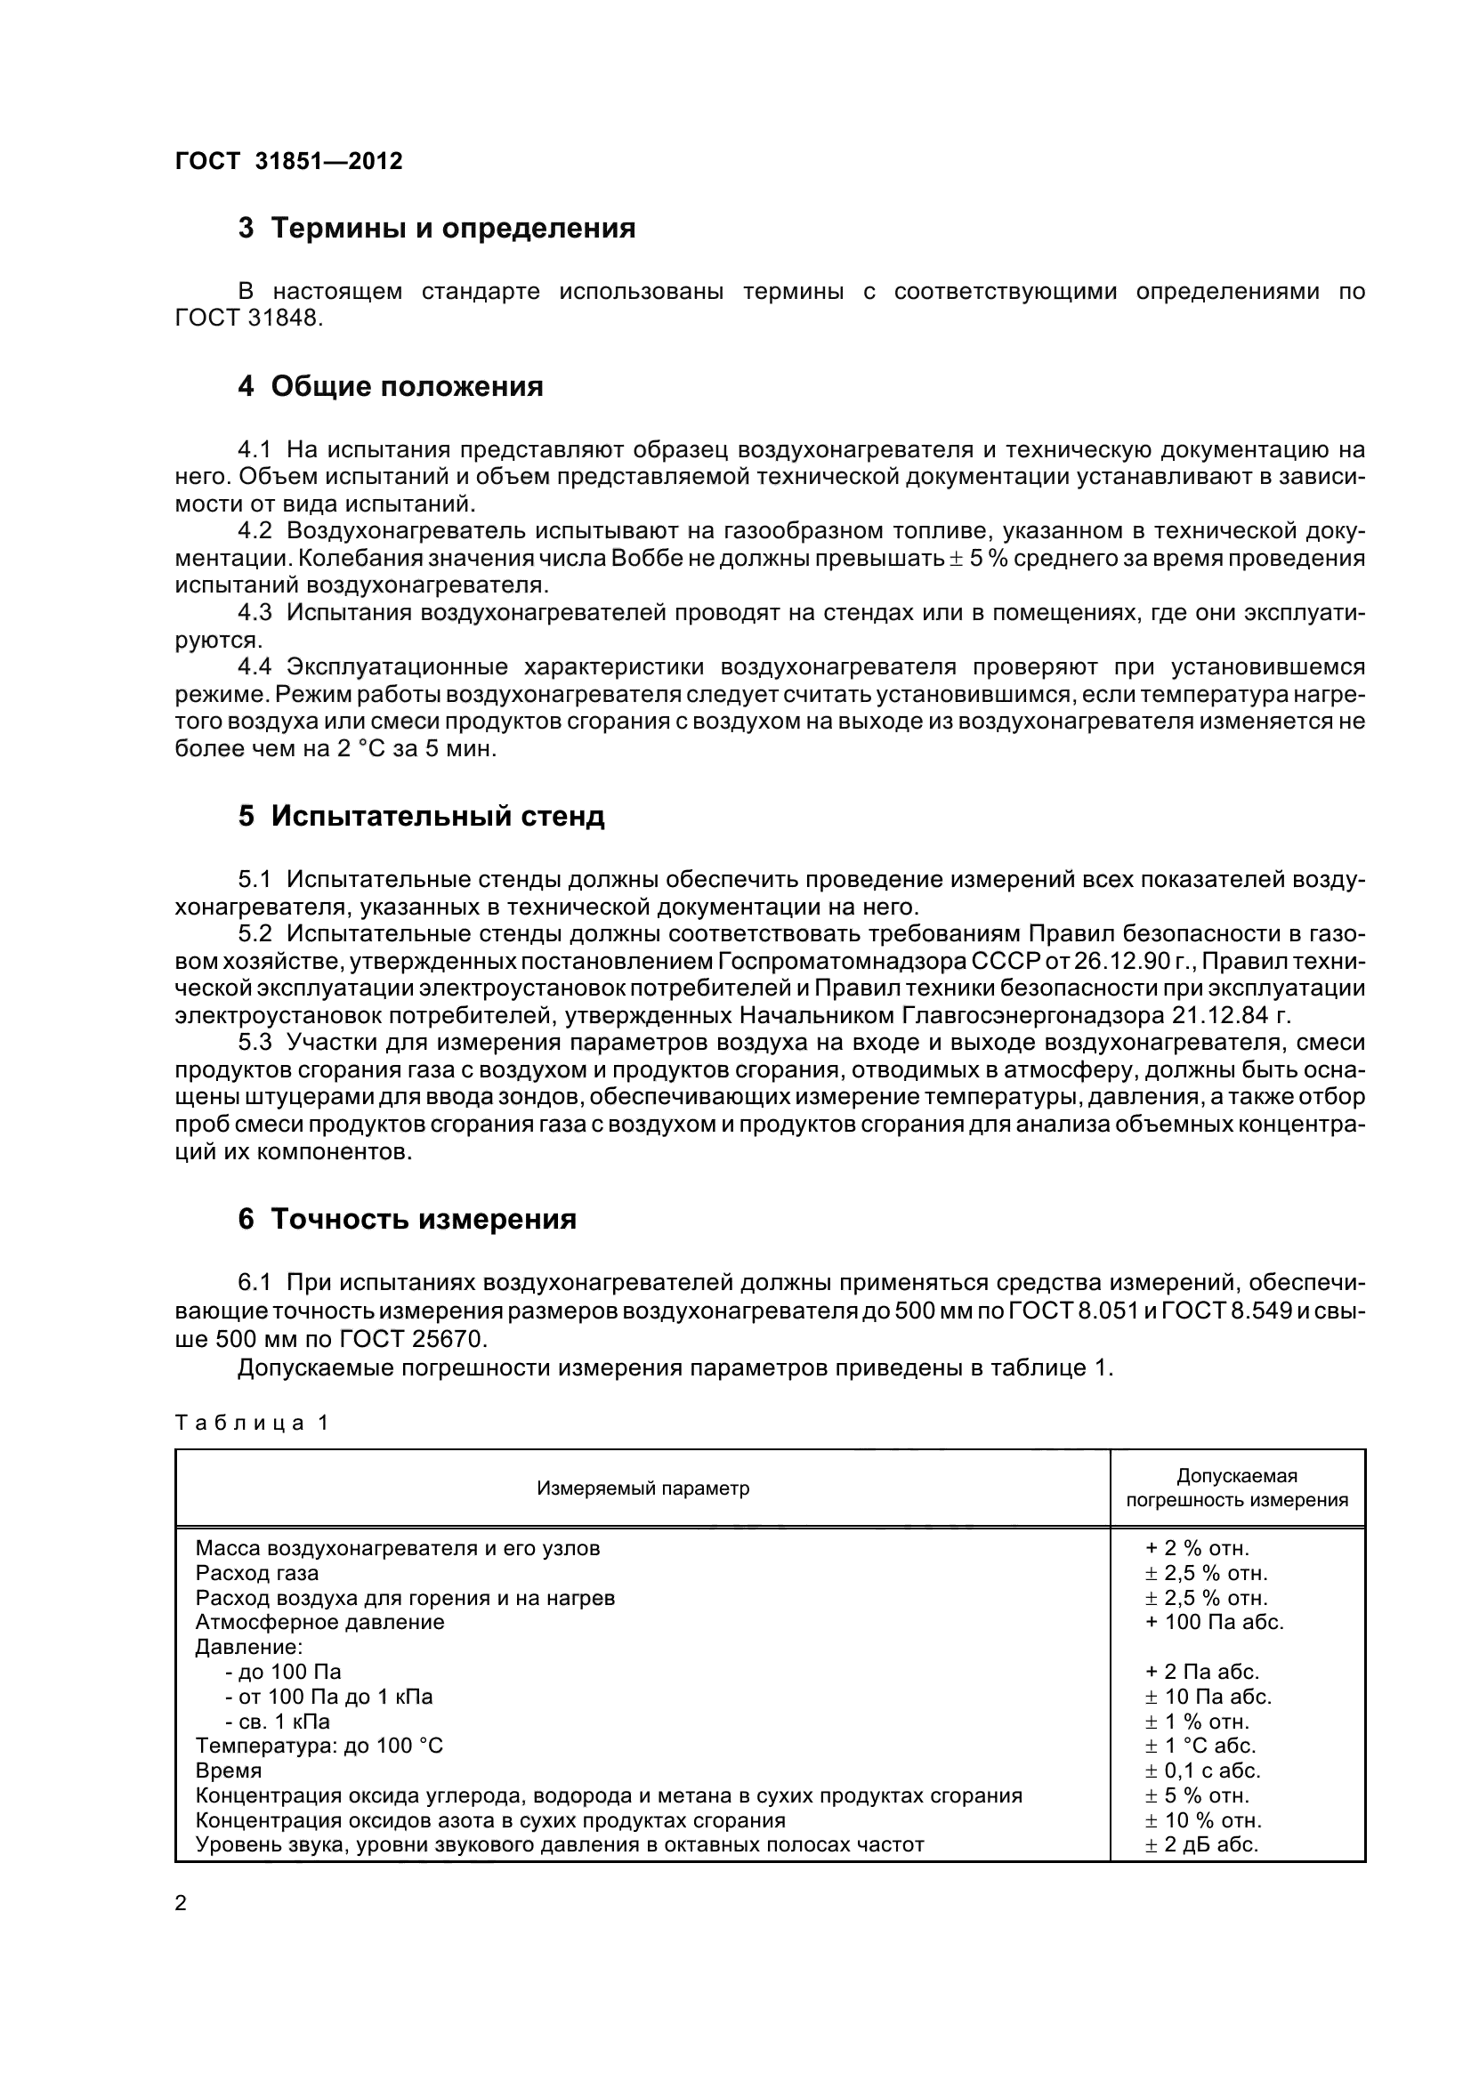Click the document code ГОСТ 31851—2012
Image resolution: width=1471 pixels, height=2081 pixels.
(288, 161)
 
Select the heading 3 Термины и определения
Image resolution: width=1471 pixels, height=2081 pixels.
(436, 228)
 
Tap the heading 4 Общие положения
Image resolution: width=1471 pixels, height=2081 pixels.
(390, 386)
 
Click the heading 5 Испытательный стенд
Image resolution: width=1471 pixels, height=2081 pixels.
(421, 816)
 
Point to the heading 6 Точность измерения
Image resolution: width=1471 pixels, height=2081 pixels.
(407, 1219)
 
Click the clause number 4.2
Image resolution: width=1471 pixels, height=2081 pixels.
(254, 530)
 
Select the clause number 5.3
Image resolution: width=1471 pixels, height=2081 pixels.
(254, 1043)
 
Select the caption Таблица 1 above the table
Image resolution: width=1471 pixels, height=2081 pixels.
(251, 1423)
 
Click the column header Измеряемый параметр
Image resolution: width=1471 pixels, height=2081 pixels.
(643, 1488)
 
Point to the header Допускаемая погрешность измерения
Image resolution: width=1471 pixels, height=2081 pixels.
(1236, 1488)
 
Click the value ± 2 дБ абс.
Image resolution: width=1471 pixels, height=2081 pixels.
(1202, 1844)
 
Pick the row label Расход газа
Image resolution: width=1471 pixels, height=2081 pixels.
(256, 1572)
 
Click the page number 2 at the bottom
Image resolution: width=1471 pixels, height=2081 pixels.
(181, 1902)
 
